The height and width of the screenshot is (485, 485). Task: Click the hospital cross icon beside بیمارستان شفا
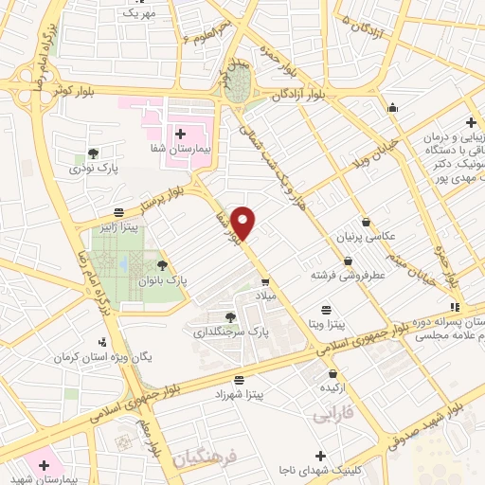(180, 134)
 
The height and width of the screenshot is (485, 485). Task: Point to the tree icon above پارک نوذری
(93, 153)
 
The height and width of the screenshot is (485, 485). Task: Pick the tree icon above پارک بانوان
(162, 266)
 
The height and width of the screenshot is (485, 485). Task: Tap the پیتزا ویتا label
(327, 324)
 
